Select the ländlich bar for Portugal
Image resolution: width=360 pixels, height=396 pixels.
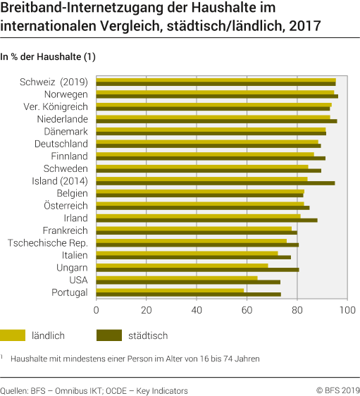point(170,290)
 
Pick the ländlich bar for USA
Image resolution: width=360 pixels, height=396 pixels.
point(176,278)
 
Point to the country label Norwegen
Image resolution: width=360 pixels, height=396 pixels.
point(66,94)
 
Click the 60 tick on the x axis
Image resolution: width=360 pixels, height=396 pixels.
point(247,309)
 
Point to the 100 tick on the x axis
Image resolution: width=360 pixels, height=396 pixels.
point(347,309)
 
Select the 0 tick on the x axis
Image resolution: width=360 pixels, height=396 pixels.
point(96,309)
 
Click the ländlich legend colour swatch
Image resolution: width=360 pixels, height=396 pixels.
point(13,335)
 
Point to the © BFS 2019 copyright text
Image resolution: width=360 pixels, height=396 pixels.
point(337,390)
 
